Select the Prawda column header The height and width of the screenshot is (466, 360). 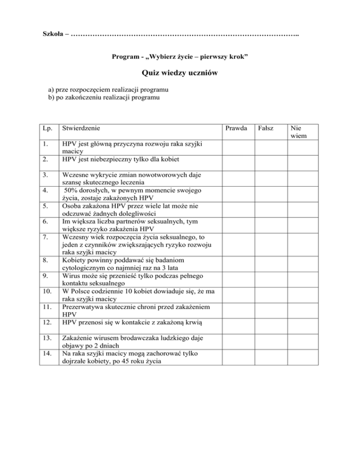(x=236, y=128)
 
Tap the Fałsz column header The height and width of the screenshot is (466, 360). (x=266, y=128)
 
